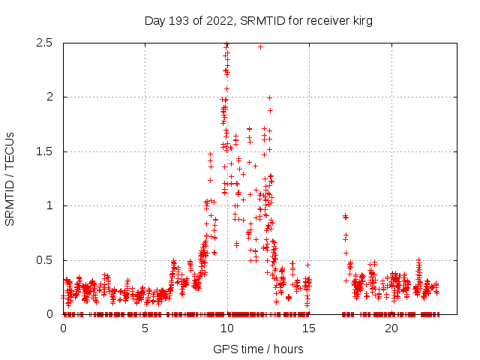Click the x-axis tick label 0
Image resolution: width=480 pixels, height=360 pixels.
pyautogui.click(x=63, y=328)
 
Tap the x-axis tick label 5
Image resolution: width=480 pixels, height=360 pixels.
pyautogui.click(x=145, y=328)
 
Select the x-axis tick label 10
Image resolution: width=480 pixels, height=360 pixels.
pyautogui.click(x=226, y=328)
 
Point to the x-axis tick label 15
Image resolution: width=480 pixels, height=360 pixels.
pyautogui.click(x=309, y=328)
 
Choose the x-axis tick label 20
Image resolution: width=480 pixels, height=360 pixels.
pyautogui.click(x=391, y=328)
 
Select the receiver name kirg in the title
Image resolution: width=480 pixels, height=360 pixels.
pyautogui.click(x=361, y=21)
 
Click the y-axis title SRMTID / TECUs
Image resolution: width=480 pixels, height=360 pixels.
pyautogui.click(x=10, y=178)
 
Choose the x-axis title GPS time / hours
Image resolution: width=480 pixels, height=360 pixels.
pyautogui.click(x=258, y=349)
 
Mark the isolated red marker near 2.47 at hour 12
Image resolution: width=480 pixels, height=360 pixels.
pyautogui.click(x=260, y=46)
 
